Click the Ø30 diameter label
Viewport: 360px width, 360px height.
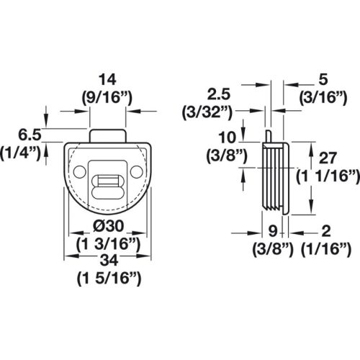tap(107, 227)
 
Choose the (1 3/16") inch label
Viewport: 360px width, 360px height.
tap(107, 243)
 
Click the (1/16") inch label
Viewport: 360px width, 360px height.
tap(326, 249)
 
